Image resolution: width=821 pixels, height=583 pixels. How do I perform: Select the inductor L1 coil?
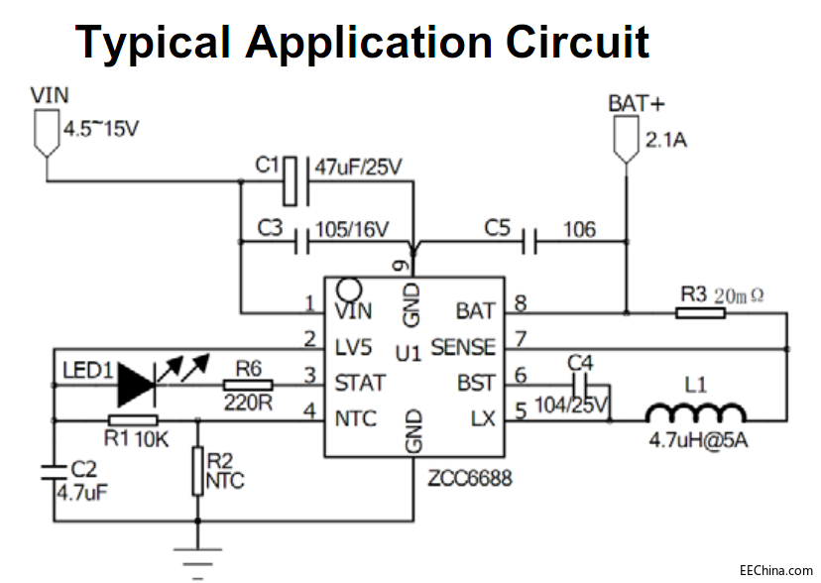coord(695,412)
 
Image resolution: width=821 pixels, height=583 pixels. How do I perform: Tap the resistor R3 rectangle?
coord(700,312)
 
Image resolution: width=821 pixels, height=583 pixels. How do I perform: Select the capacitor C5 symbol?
coord(530,240)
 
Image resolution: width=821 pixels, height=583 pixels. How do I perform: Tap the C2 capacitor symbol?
coord(55,473)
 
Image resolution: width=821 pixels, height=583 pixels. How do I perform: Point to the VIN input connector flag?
coord(44,134)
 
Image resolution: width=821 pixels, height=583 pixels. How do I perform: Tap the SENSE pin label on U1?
coord(463,347)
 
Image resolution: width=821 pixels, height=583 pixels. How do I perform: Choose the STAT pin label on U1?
coord(361,383)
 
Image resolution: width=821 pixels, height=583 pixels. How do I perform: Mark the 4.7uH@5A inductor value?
coord(693,440)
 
